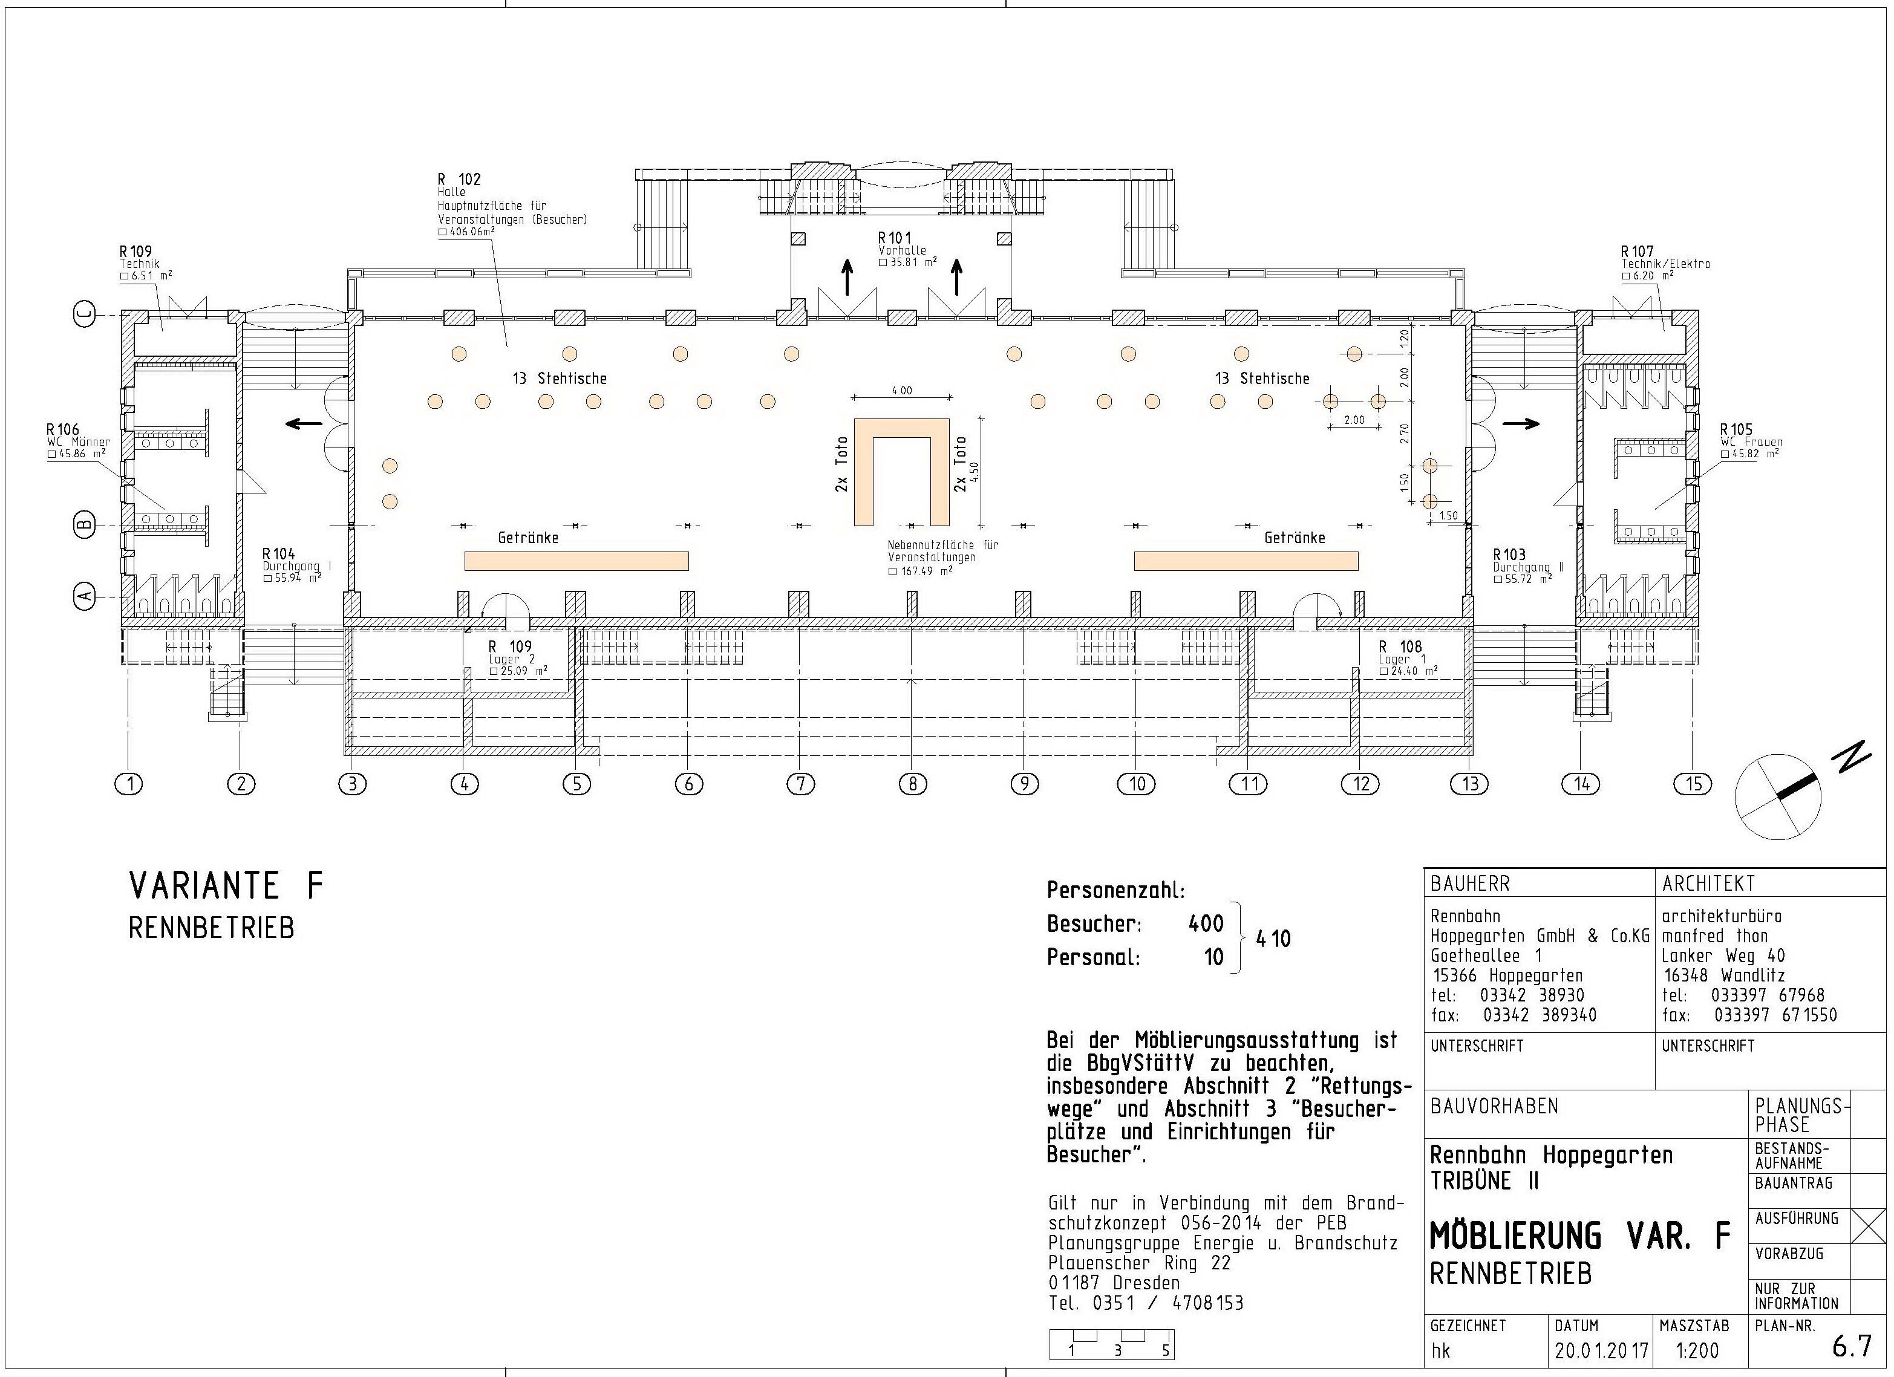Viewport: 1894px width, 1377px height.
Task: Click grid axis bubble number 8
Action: click(912, 784)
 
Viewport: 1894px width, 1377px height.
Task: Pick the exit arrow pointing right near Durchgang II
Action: click(1521, 423)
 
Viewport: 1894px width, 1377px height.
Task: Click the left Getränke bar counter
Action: click(576, 561)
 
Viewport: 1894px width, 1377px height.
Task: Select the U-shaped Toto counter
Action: click(902, 472)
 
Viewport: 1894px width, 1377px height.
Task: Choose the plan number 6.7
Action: click(1852, 1346)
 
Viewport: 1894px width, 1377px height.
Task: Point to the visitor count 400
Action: click(1206, 923)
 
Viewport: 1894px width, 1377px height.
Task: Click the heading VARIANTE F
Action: click(226, 885)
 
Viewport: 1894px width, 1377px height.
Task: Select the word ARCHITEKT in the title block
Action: click(1709, 884)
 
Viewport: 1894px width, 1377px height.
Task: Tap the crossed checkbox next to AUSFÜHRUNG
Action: click(1868, 1226)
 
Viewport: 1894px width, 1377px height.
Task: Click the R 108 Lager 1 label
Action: click(1408, 658)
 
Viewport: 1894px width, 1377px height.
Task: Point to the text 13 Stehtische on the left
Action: click(560, 379)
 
